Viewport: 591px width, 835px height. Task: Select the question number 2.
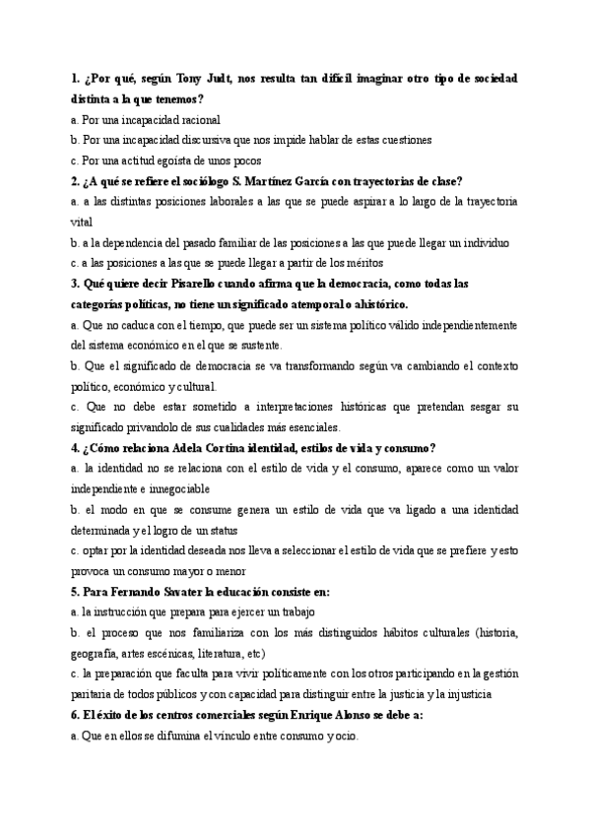pos(75,181)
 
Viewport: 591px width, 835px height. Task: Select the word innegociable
pos(189,488)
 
